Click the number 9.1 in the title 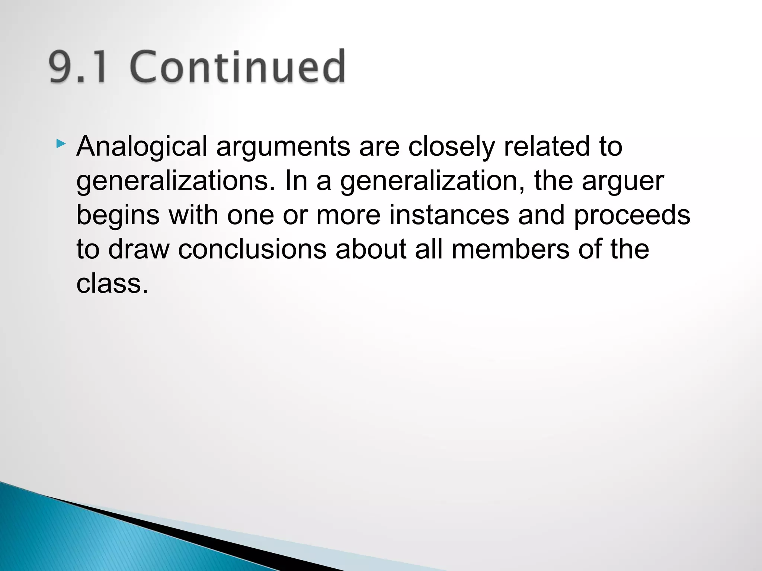78,67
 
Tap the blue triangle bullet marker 61,144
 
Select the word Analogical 142,146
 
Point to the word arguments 283,147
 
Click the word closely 452,147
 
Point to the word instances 449,216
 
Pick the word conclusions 252,249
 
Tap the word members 510,249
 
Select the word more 348,216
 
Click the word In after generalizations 297,181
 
